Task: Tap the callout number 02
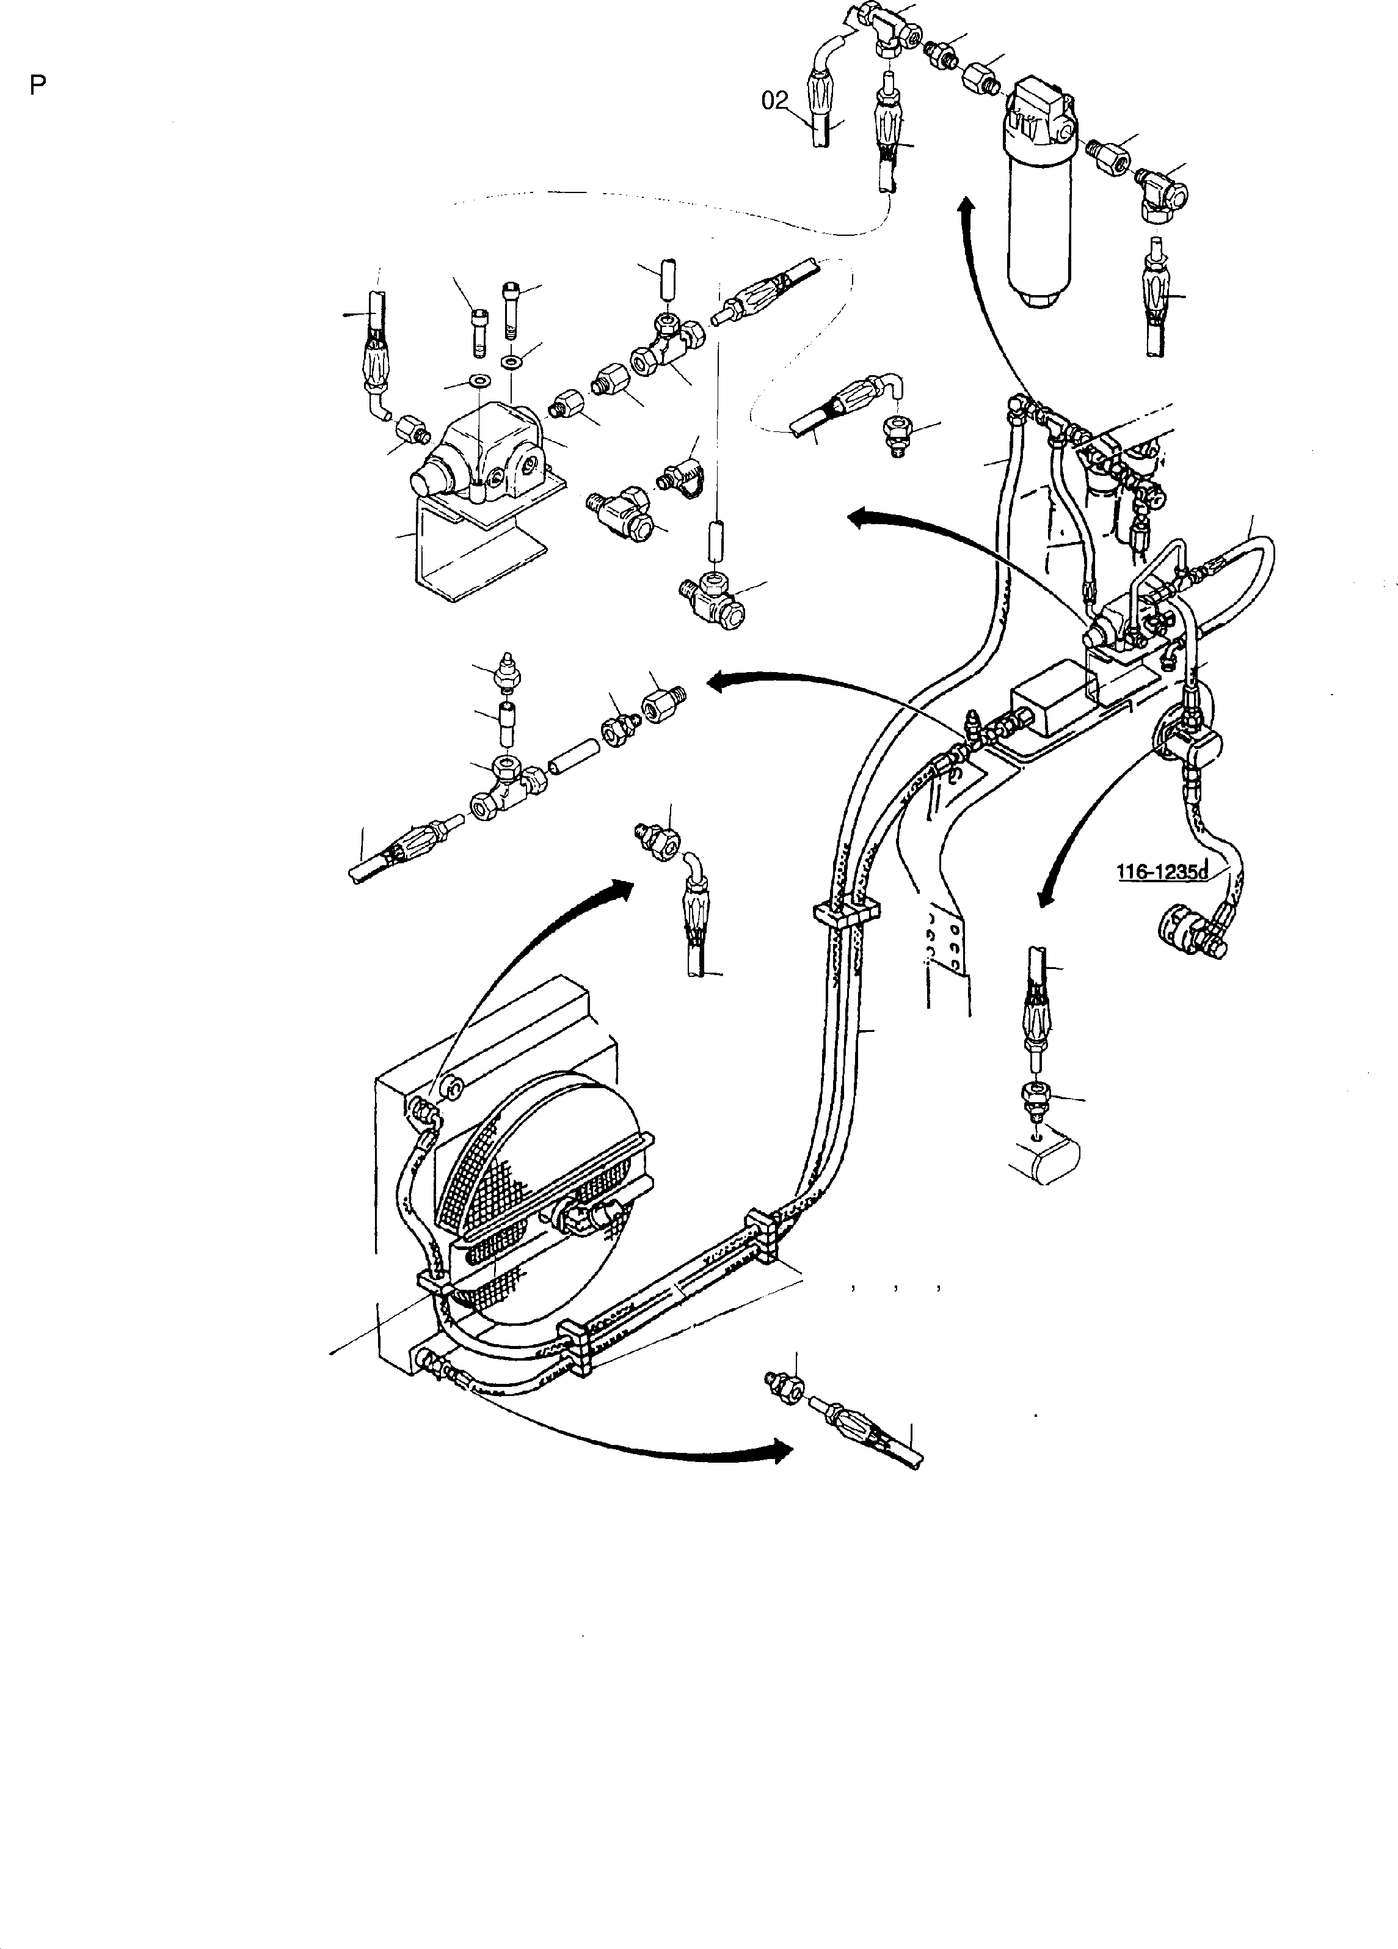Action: pos(775,101)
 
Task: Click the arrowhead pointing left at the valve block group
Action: pos(861,516)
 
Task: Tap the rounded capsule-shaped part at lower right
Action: pos(1043,1161)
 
